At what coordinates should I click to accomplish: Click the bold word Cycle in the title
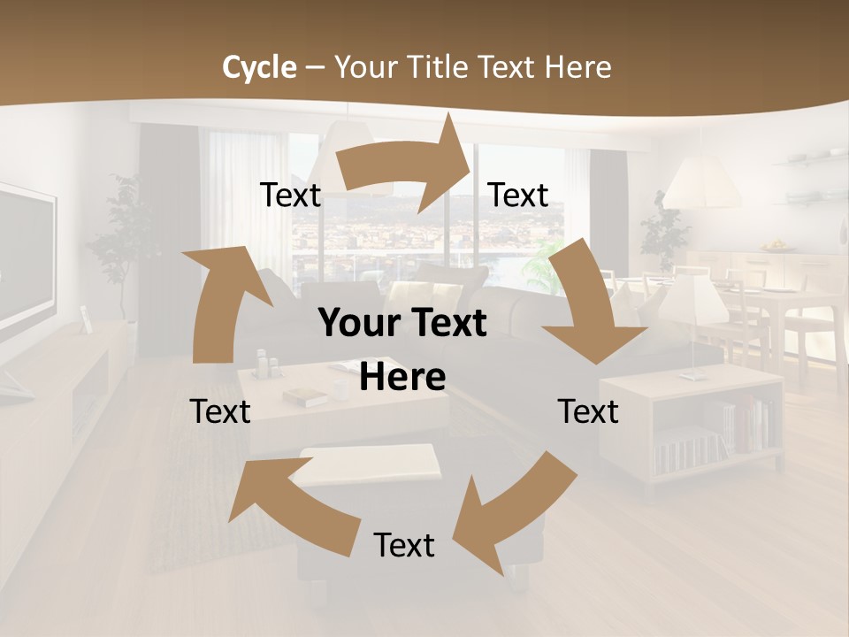pyautogui.click(x=259, y=67)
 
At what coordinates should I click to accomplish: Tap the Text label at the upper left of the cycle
pyautogui.click(x=290, y=196)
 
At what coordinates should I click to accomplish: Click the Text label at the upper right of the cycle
pyautogui.click(x=518, y=196)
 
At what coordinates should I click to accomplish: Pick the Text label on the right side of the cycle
pyautogui.click(x=588, y=411)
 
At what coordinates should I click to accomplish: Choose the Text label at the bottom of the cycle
pyautogui.click(x=404, y=545)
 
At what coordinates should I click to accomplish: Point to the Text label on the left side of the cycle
pyautogui.click(x=220, y=411)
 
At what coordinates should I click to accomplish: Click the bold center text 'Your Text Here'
pyautogui.click(x=402, y=349)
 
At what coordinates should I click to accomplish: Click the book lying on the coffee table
pyautogui.click(x=305, y=398)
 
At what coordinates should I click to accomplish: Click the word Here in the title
pyautogui.click(x=578, y=67)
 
